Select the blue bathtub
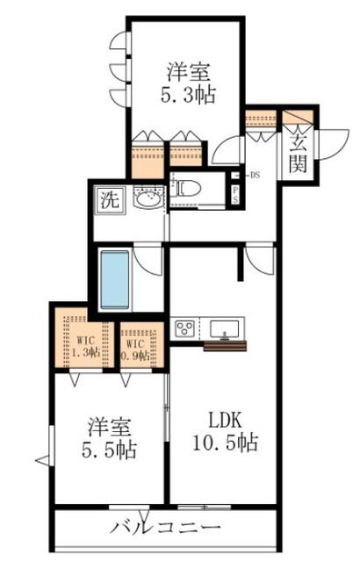pos(115,280)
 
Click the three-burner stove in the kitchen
pos(186,329)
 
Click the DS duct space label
pos(253,175)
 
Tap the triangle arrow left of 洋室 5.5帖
pos(40,458)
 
